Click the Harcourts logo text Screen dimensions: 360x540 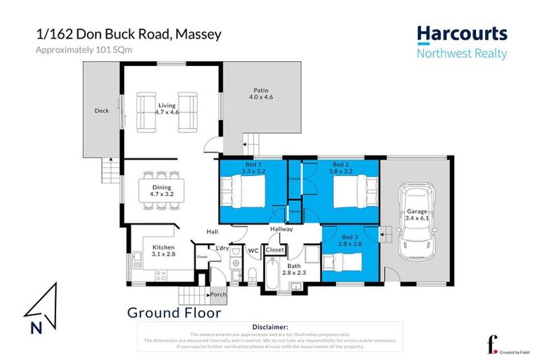tap(461, 33)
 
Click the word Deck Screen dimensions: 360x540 tap(101, 110)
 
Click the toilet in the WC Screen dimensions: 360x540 tap(252, 274)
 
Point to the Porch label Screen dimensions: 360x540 tap(218, 295)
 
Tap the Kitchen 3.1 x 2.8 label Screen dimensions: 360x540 tap(162, 250)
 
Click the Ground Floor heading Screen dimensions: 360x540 tap(174, 313)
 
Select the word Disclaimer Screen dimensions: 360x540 tap(269, 327)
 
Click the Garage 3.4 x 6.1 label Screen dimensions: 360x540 tap(416, 214)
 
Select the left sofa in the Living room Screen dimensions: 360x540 tap(146, 112)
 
